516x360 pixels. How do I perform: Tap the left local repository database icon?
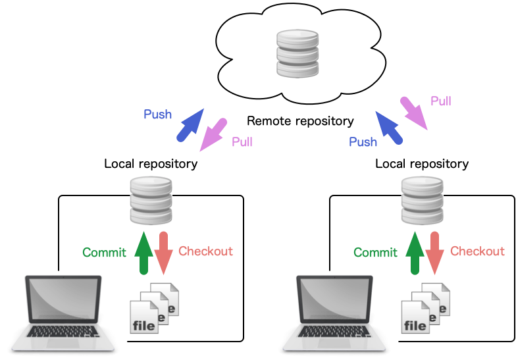pos(151,201)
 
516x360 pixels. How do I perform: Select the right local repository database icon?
pos(422,201)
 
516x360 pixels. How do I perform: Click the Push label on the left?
pos(158,115)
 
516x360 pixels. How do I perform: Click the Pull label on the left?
pos(242,141)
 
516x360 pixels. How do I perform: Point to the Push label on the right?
pos(363,141)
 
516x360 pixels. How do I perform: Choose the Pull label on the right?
pos(440,101)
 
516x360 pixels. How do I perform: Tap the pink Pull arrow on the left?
pos(213,134)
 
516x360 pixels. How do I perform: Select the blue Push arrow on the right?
pos(389,126)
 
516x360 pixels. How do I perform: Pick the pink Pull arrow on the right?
pos(415,113)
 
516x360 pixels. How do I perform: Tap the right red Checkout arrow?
pos(434,253)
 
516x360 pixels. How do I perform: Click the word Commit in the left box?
pos(104,252)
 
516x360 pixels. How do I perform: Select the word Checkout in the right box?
pos(477,251)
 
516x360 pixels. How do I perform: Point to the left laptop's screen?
pos(63,302)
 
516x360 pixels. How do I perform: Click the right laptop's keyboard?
pos(334,336)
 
